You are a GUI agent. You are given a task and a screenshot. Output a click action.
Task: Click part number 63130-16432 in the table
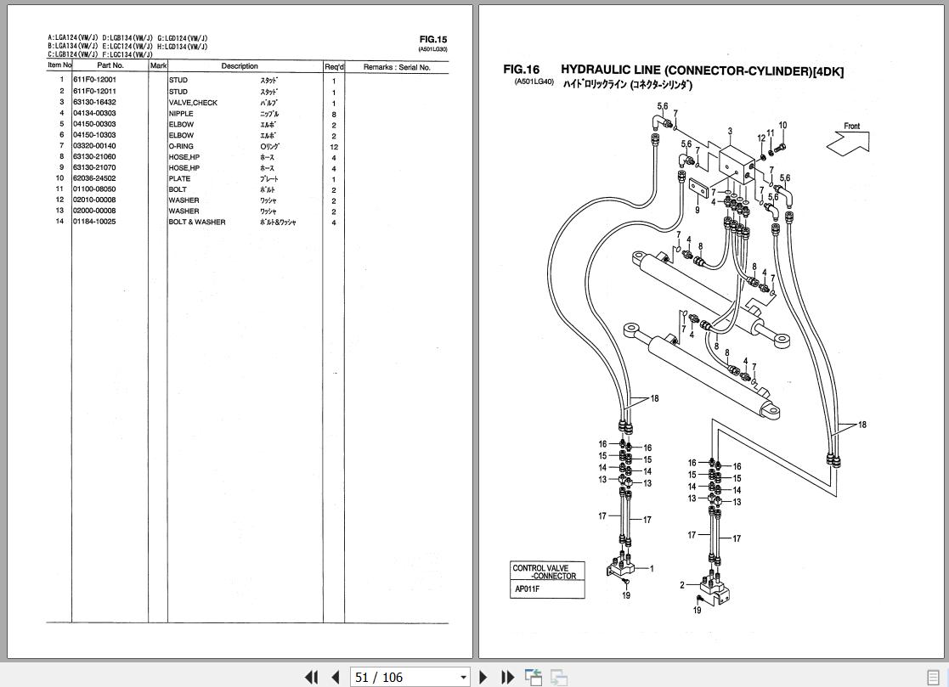(x=94, y=102)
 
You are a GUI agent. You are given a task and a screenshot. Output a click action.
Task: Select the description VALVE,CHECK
(x=193, y=103)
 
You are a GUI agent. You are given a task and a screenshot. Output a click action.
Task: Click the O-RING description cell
(x=181, y=146)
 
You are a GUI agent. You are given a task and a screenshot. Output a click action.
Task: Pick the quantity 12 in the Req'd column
(x=334, y=147)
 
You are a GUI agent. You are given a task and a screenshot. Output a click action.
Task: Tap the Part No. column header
(x=110, y=66)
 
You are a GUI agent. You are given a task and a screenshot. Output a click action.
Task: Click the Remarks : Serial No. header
(x=397, y=67)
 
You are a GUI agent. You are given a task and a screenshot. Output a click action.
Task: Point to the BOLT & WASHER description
(x=197, y=222)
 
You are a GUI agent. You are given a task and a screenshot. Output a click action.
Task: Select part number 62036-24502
(x=94, y=178)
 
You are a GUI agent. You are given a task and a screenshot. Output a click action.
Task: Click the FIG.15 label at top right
(x=432, y=39)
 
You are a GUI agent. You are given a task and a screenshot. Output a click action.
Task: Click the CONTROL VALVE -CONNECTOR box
(x=547, y=572)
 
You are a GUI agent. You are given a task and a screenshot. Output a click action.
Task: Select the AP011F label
(x=528, y=589)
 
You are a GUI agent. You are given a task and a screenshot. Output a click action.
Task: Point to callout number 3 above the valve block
(x=730, y=132)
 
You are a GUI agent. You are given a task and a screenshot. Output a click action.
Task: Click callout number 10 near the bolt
(x=782, y=126)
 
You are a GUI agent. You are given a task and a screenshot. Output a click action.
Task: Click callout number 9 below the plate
(x=697, y=210)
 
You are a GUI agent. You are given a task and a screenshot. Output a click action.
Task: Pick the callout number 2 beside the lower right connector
(x=682, y=585)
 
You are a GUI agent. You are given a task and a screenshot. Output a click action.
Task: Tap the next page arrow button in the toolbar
(x=483, y=677)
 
